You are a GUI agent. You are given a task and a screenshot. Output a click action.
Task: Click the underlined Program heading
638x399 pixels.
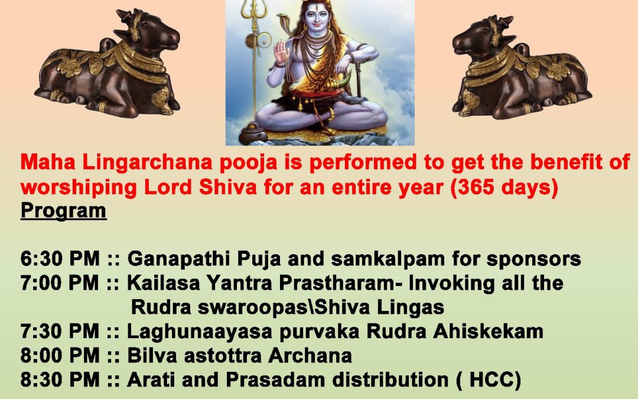(63, 211)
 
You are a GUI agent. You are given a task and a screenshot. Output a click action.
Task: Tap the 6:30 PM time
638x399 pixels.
(60, 258)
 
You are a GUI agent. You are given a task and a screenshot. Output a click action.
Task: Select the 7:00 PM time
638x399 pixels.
(60, 283)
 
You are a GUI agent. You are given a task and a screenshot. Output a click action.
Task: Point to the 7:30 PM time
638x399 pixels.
(60, 331)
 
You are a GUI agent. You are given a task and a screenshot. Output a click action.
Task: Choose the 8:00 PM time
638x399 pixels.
(60, 355)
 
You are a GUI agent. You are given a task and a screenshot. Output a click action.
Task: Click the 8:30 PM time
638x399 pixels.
(60, 379)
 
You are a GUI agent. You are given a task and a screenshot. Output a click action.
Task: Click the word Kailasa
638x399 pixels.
(164, 283)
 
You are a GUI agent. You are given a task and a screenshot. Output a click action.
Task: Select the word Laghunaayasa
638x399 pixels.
(200, 332)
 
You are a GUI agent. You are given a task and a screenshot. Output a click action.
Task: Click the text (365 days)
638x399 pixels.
(504, 188)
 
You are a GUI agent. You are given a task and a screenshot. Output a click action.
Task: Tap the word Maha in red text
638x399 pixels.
(48, 161)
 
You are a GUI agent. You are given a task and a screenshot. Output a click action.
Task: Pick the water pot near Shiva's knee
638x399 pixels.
(253, 132)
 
